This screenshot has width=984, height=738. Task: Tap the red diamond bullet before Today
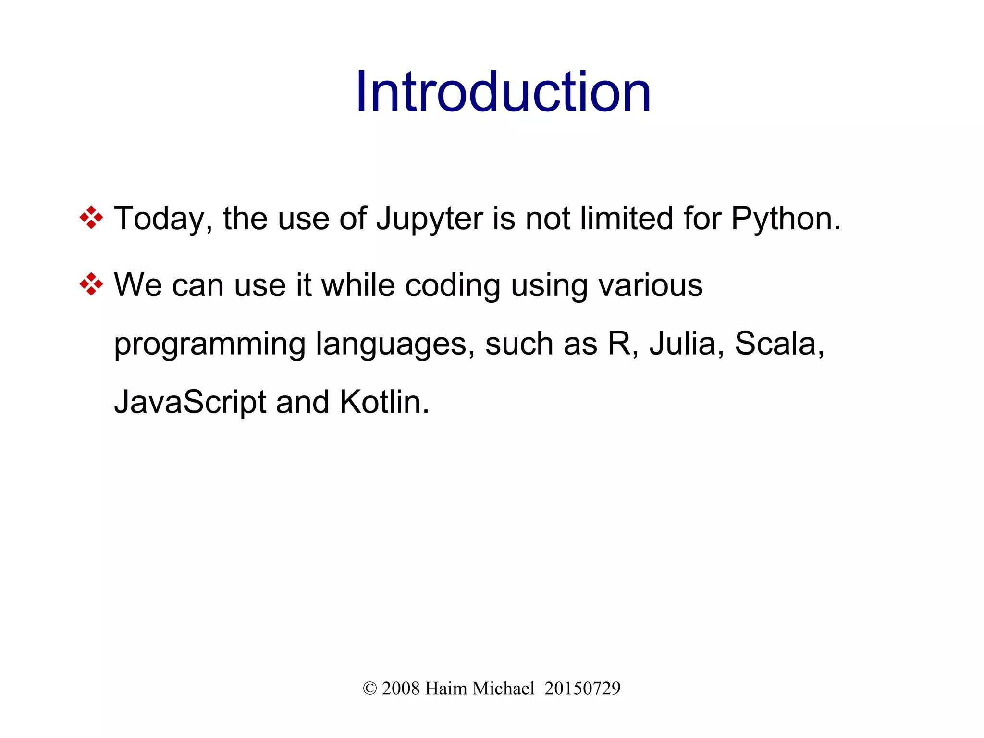[91, 218]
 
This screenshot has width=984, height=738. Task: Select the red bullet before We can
[91, 284]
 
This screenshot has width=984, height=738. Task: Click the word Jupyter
[429, 219]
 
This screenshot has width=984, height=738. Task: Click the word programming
[209, 345]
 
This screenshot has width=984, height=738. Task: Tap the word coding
[453, 286]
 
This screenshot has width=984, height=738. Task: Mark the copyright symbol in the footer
[369, 689]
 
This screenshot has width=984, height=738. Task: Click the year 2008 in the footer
[401, 689]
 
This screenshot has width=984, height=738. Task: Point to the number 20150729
[582, 689]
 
